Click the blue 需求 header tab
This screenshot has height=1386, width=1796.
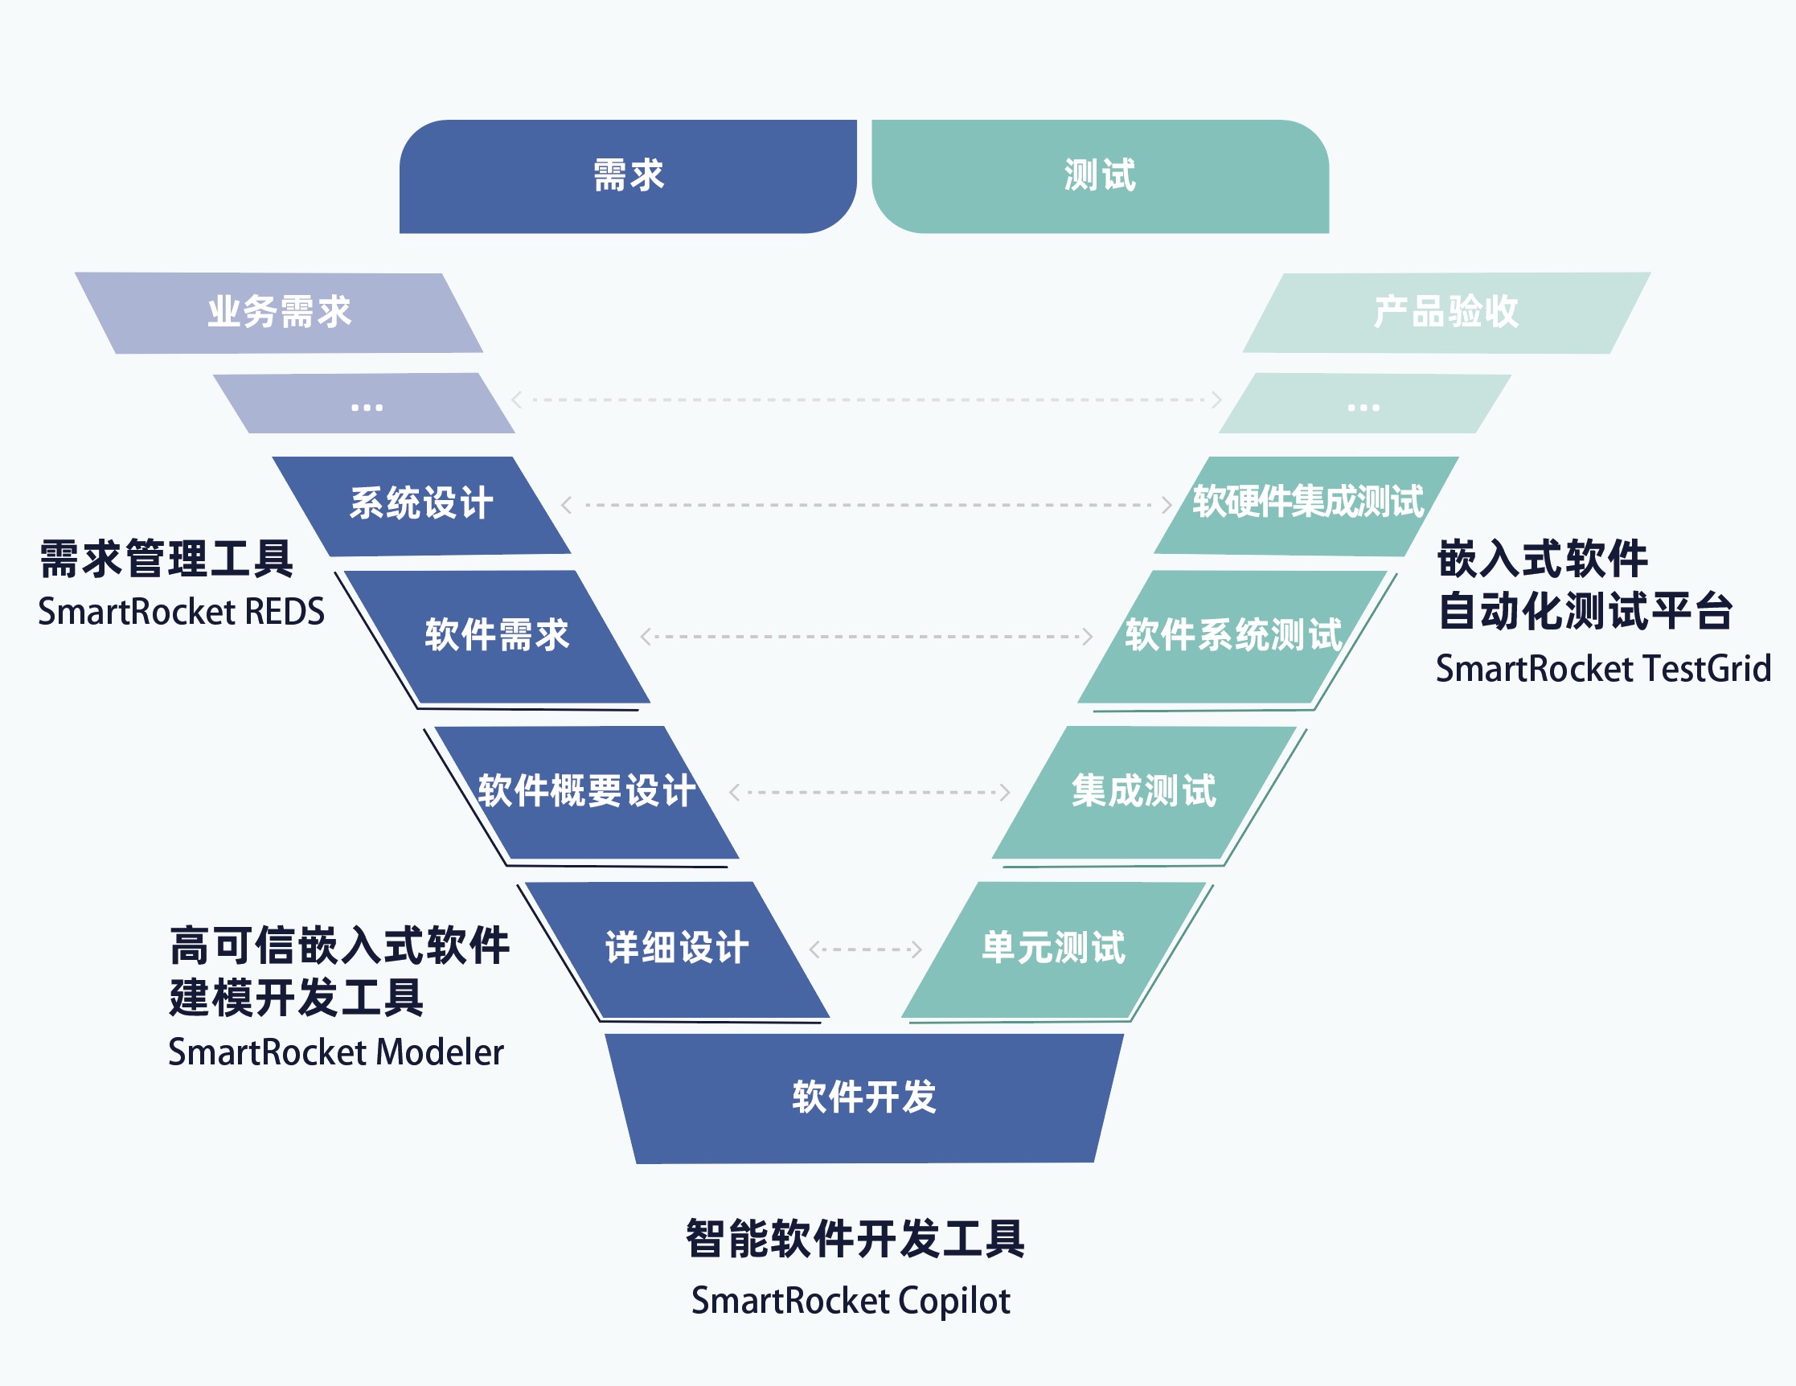[x=627, y=176]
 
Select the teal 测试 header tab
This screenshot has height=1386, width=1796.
[x=1100, y=176]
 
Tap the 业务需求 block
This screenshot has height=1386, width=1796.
[x=280, y=313]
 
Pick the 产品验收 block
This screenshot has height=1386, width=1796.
[x=1445, y=313]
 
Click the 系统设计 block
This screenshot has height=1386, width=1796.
[x=422, y=504]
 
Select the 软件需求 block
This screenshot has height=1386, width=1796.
[x=498, y=636]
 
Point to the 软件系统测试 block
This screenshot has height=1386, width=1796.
[x=1232, y=636]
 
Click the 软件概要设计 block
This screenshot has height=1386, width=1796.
[x=585, y=791]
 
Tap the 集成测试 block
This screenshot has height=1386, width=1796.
[x=1144, y=791]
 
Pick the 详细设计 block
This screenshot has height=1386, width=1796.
[x=677, y=948]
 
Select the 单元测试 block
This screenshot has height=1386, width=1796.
[x=1054, y=948]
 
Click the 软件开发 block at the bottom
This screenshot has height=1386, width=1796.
[x=864, y=1097]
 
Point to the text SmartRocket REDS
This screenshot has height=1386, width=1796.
[x=181, y=612]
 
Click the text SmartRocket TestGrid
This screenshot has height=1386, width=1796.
[x=1603, y=669]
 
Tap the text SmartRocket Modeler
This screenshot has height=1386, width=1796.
[x=335, y=1052]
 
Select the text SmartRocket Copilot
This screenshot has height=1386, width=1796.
[x=851, y=1301]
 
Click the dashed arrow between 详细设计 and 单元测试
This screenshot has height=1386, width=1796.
[x=865, y=949]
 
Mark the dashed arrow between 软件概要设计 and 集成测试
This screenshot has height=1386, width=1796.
[x=869, y=792]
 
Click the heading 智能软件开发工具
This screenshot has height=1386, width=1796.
[x=855, y=1239]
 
